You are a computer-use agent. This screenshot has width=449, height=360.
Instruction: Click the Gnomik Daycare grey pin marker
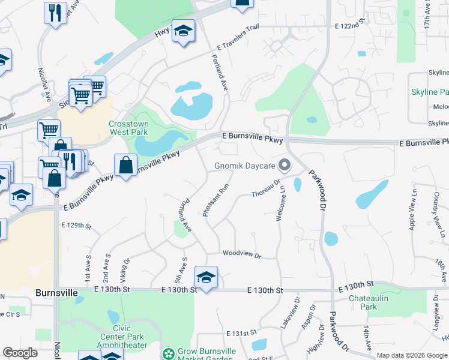click(285, 164)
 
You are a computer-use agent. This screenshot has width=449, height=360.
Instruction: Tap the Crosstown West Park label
click(128, 128)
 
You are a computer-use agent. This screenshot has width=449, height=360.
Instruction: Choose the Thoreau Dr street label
click(266, 191)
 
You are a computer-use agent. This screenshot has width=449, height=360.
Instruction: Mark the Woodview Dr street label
click(242, 255)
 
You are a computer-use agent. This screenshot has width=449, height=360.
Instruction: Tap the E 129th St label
click(76, 226)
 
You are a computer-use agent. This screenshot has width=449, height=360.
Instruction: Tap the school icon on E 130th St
click(206, 277)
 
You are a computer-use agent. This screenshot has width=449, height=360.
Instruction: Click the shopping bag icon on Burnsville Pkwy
click(125, 165)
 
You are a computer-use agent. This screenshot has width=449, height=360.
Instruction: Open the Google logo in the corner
click(20, 353)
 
